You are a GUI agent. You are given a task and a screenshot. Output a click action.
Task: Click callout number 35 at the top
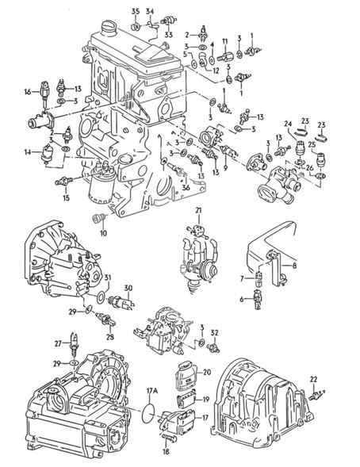point(136,12)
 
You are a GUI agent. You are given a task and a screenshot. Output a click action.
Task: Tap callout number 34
point(150,12)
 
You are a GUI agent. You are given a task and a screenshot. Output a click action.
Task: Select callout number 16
point(28,92)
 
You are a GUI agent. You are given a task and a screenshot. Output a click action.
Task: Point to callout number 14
point(28,152)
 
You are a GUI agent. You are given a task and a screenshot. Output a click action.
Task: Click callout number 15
point(66,197)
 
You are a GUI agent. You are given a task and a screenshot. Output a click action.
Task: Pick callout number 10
point(103,233)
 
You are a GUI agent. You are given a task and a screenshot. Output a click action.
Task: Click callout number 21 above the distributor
point(198,211)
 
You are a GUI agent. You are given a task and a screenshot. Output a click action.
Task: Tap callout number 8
point(294,265)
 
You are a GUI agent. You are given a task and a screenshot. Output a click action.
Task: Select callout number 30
point(128,288)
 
